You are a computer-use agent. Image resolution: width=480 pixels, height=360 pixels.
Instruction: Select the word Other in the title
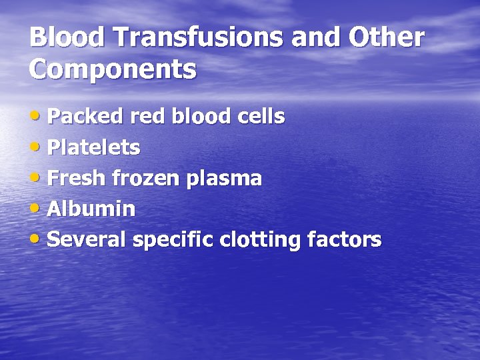coord(386,38)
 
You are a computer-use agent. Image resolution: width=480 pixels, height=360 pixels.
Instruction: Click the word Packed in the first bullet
coord(86,117)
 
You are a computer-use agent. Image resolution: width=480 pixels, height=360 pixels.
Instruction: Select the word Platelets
coord(94,148)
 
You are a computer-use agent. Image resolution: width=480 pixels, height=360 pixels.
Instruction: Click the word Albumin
coord(92,209)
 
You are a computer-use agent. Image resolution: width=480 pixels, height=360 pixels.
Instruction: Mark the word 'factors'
coord(345,240)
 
